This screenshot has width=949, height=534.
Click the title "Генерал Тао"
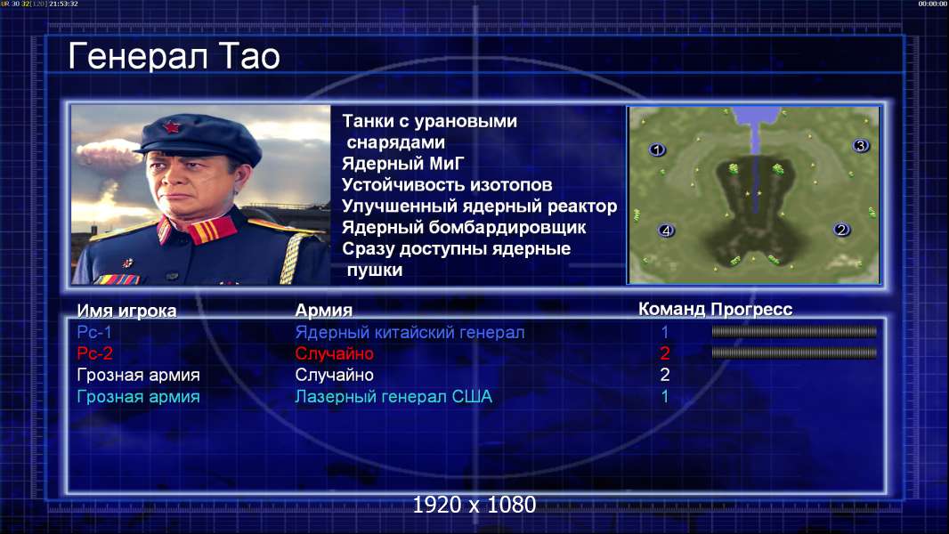coord(174,56)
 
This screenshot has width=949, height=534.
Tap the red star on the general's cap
coord(171,127)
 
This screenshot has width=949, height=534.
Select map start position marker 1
coord(657,150)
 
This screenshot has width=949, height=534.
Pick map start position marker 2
coord(841,230)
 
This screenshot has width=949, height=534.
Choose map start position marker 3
coord(861,146)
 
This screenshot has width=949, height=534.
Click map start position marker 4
coord(666,231)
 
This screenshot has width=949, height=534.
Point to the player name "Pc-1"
coord(94,332)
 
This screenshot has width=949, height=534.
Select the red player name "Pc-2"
coord(94,353)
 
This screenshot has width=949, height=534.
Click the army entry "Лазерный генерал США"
coord(393,397)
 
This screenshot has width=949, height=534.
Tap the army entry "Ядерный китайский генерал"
coord(410,332)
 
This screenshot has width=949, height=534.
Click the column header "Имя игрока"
coord(126,311)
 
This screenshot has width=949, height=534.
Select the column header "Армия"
coord(324,311)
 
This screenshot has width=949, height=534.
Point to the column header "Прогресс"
coord(751,309)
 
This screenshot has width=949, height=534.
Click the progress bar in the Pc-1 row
coord(794,331)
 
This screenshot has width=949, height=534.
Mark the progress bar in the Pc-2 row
coord(794,352)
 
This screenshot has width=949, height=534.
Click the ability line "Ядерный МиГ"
coord(403,163)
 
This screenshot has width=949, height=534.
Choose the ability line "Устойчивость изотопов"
coord(447,184)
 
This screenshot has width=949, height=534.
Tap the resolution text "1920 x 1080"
coord(474,505)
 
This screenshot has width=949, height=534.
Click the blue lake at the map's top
coord(756,118)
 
